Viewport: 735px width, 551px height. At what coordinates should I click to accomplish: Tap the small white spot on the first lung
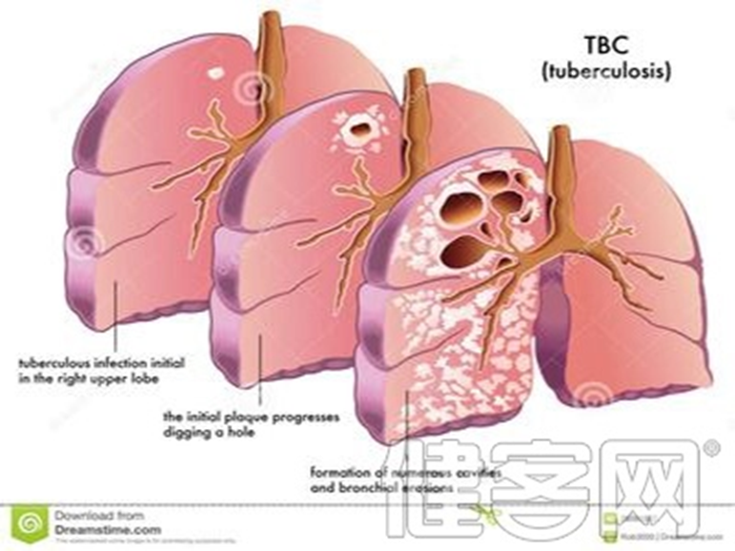click(x=216, y=71)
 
